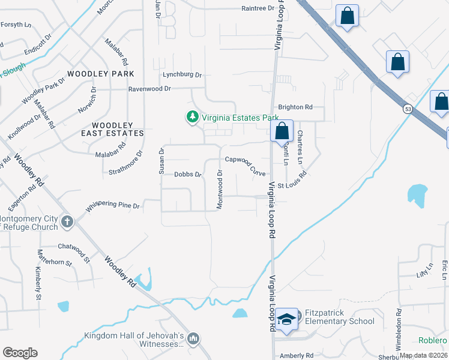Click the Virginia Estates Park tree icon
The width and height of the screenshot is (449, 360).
pyautogui.click(x=192, y=116)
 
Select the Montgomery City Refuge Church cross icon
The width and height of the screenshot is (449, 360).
pyautogui.click(x=66, y=222)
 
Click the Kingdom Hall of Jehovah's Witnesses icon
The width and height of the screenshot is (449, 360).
pyautogui.click(x=193, y=340)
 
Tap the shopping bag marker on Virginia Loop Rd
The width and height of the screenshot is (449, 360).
pyautogui.click(x=281, y=131)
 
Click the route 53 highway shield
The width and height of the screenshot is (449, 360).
pyautogui.click(x=407, y=110)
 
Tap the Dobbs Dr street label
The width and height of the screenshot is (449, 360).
pyautogui.click(x=187, y=175)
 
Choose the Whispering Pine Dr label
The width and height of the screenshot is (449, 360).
pyautogui.click(x=113, y=206)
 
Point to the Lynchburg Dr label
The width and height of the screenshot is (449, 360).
pyautogui.click(x=182, y=75)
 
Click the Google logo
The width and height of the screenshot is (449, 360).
pyautogui.click(x=20, y=353)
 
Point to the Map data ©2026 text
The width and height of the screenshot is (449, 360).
pyautogui.click(x=423, y=355)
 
